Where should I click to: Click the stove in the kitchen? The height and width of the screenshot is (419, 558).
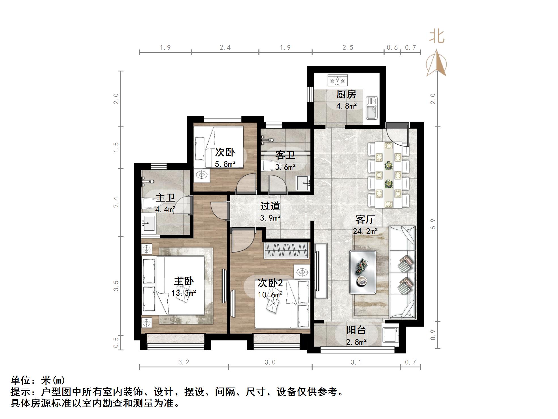(x=337, y=80)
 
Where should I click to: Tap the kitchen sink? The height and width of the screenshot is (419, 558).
(x=371, y=108)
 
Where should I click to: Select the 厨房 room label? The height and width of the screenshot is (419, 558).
(x=346, y=94)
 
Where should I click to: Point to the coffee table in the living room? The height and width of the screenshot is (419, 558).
(x=362, y=272)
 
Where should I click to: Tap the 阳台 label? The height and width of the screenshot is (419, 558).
(x=356, y=330)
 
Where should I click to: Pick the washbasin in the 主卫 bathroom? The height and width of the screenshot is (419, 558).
(x=148, y=223)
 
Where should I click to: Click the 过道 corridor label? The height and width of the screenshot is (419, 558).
(x=270, y=206)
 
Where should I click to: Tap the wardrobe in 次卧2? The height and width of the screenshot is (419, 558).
(x=286, y=251)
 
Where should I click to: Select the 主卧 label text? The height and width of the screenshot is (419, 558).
(x=184, y=281)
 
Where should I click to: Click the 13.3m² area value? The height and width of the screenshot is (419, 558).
(x=184, y=293)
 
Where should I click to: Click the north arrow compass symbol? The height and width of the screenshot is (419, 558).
(x=436, y=63)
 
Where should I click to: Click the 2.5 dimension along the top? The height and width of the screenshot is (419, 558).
(x=348, y=48)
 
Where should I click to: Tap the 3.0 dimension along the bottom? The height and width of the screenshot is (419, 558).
(x=270, y=362)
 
